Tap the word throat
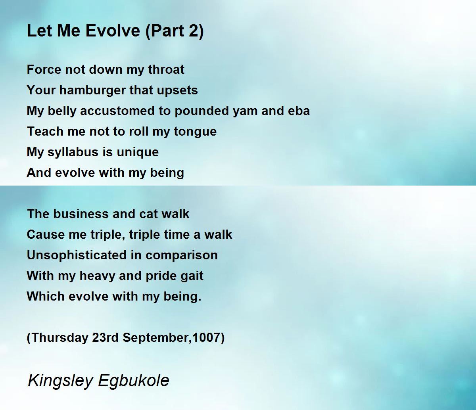[x=166, y=69]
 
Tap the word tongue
[x=195, y=132]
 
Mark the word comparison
[x=181, y=255]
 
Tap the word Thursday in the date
[x=59, y=338]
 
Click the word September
[x=157, y=338]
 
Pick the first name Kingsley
[x=60, y=381]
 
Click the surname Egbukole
[x=134, y=381]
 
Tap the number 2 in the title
[x=194, y=31]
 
